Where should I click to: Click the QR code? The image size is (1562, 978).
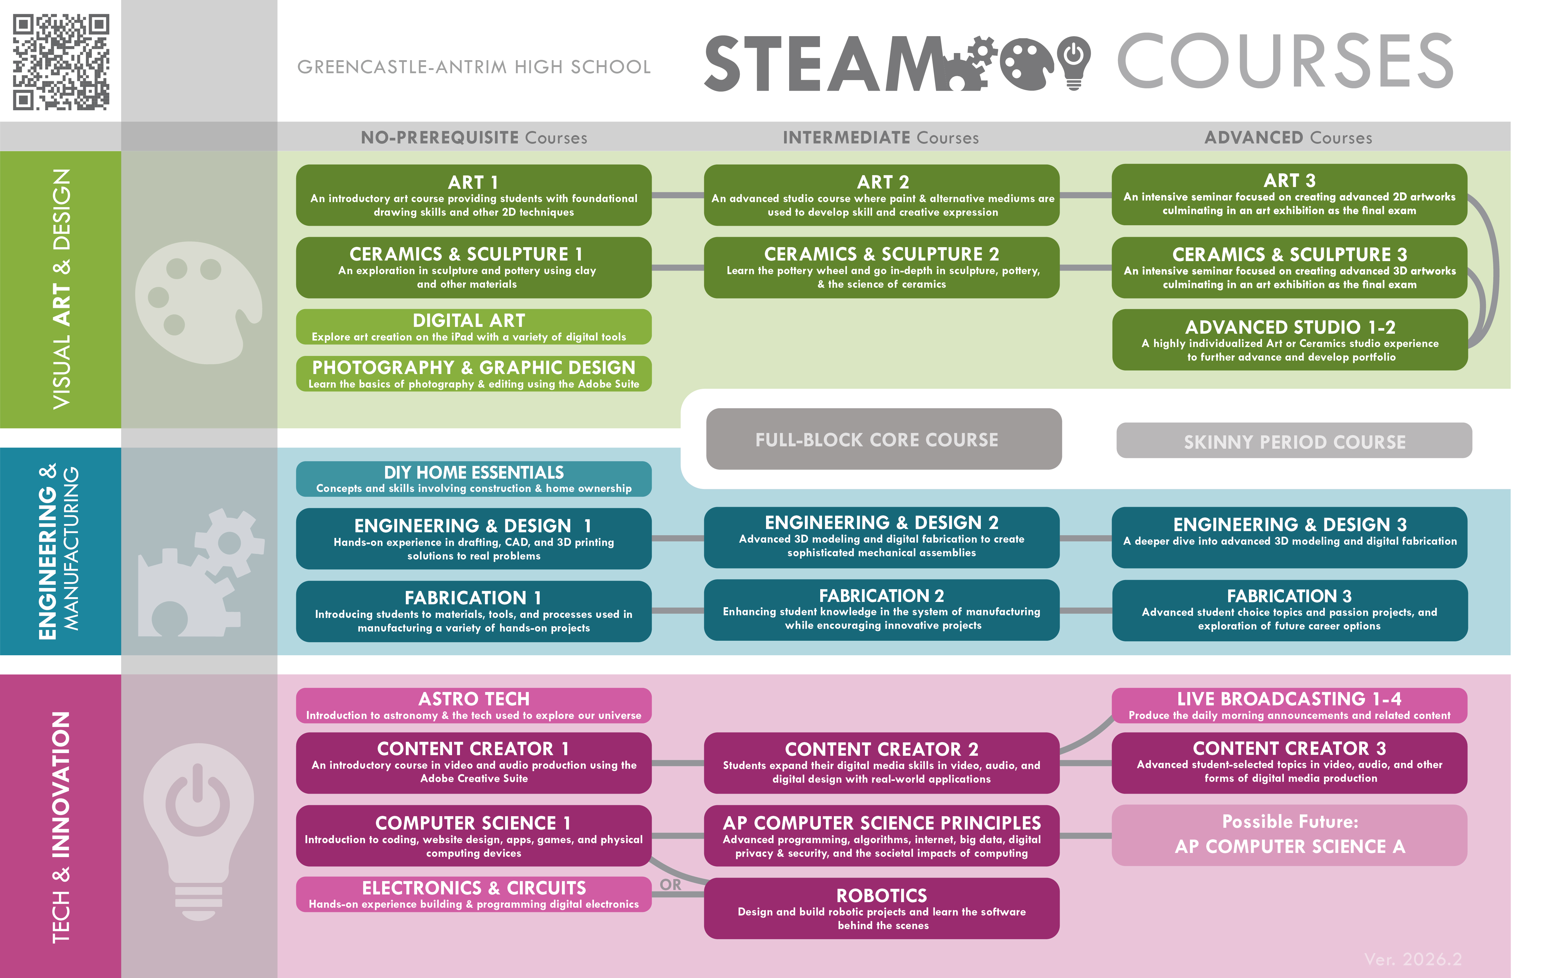(61, 62)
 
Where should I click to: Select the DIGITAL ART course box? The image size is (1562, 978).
(473, 327)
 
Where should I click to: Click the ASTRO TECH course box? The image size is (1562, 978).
(473, 705)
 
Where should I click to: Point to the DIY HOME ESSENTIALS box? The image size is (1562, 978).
(473, 479)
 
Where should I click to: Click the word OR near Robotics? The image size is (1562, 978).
(670, 884)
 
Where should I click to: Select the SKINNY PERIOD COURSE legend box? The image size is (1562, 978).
(1294, 441)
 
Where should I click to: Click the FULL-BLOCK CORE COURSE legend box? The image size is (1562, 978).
(883, 439)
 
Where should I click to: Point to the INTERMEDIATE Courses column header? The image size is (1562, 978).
(881, 137)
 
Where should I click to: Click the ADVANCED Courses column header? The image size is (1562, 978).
(1288, 137)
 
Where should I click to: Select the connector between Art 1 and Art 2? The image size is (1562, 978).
(677, 195)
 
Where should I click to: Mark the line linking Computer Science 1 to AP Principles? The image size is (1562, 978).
(677, 836)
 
